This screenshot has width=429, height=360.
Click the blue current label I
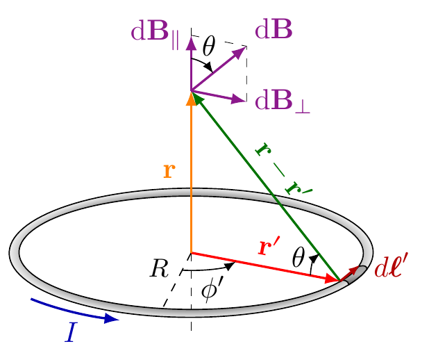[x=71, y=333]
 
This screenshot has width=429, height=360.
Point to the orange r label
[x=169, y=170]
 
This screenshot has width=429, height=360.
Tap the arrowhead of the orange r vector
[x=191, y=97]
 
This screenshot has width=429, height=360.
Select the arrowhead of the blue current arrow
[x=111, y=319]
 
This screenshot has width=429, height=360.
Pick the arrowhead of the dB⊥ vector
[x=240, y=99]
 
